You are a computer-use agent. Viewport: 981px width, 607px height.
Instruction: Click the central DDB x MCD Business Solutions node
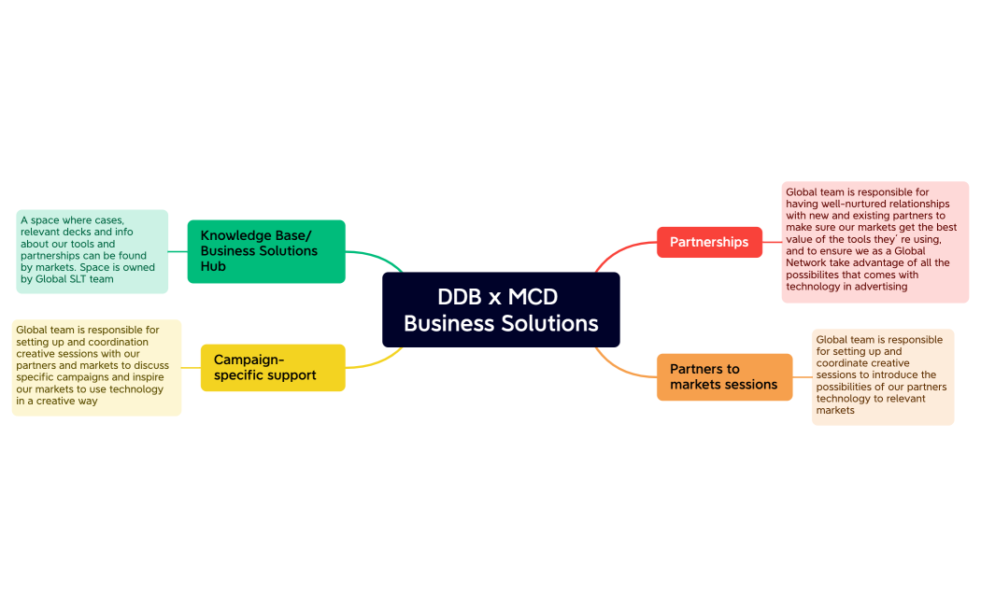(501, 310)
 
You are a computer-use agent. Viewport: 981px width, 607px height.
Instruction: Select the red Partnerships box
(709, 242)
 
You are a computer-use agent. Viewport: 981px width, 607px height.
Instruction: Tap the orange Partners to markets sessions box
(724, 376)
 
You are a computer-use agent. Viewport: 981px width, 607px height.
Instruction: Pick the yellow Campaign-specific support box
(273, 367)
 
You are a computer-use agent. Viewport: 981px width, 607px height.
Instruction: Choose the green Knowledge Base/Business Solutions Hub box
(266, 251)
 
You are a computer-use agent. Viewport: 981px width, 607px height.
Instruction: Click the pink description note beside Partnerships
(874, 242)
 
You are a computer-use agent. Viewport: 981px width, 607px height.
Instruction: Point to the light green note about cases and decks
(92, 251)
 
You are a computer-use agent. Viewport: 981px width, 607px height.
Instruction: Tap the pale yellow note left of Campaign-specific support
(96, 367)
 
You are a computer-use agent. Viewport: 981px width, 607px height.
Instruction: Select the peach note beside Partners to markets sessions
(882, 376)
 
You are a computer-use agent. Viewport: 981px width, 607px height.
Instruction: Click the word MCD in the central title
(533, 297)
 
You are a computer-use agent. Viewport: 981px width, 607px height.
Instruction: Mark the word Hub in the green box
(212, 266)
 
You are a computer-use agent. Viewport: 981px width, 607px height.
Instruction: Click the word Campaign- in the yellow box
(249, 360)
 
